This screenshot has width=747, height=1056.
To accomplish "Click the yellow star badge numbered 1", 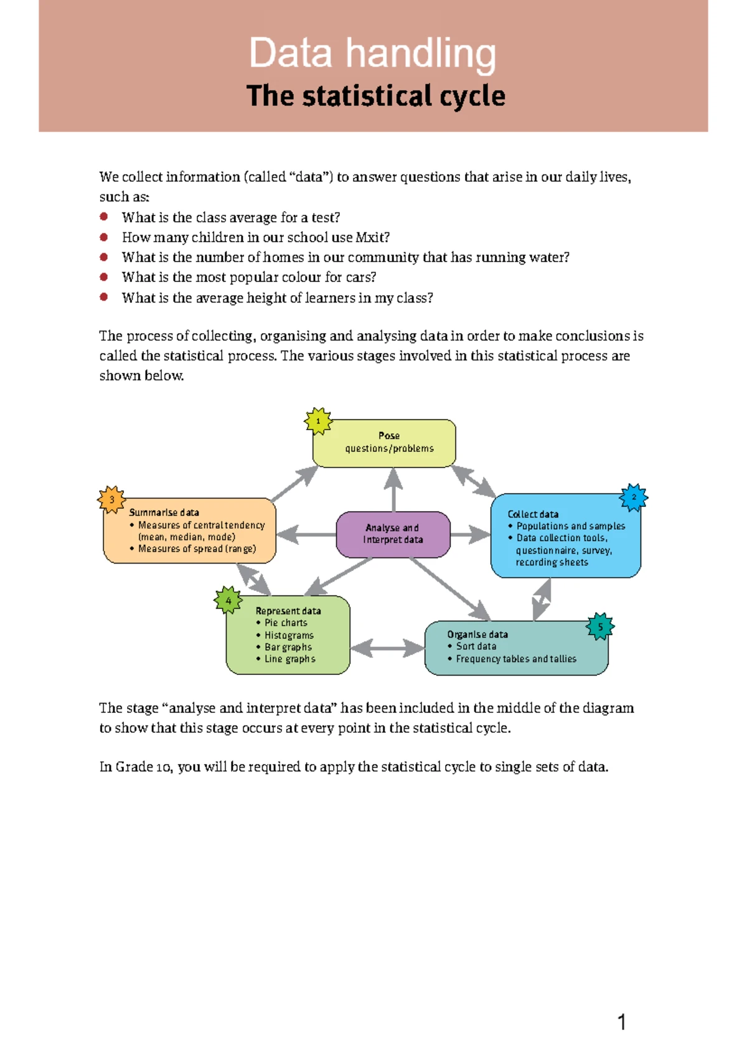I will pos(318,422).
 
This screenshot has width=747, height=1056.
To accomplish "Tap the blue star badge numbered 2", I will pos(634,497).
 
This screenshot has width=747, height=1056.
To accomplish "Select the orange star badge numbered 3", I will pos(112,499).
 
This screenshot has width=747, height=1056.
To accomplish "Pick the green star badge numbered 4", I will pos(228,601).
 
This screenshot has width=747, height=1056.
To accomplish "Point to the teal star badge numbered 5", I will pos(600,627).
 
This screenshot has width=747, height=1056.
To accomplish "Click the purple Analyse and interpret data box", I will pos(393,534).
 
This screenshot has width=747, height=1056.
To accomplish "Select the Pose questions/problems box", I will pos(389,443).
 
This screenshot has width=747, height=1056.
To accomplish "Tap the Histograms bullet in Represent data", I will pos(289,635).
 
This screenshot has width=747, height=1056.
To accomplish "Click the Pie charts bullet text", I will pos(286,623).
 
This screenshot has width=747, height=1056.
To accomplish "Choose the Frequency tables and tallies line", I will pos(516,659).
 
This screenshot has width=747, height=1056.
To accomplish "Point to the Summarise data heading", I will pos(164,512).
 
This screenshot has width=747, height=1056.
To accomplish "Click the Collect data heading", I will pos(533,514).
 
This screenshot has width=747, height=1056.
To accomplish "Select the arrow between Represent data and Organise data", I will pos(387,648).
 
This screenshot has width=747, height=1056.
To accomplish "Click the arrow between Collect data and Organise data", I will pos(542,599).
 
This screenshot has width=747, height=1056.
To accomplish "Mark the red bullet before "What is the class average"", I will pos(104,217).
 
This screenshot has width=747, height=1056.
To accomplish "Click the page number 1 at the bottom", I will pos(621,1022).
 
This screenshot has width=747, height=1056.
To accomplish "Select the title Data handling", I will pos(372,53).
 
